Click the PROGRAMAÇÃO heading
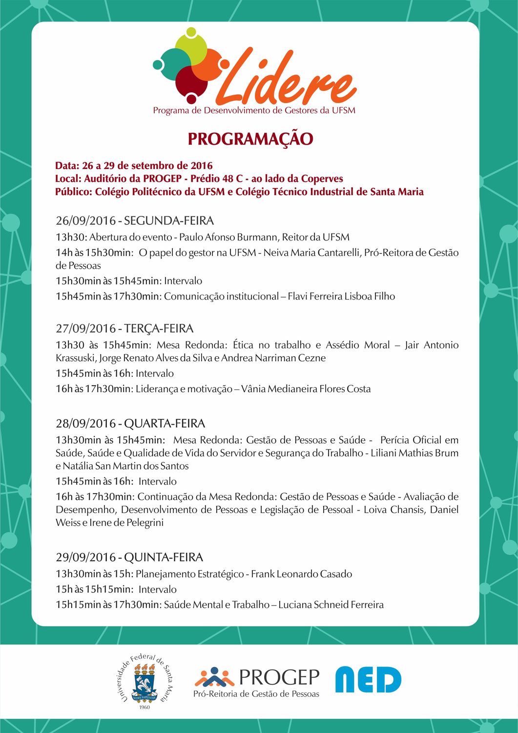(x=250, y=139)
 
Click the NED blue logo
(x=368, y=679)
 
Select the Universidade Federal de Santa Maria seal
(x=145, y=679)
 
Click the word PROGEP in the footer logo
(x=279, y=677)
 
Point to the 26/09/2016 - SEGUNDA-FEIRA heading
(x=135, y=220)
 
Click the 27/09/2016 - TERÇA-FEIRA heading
(x=124, y=328)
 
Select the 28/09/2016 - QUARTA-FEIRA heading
(x=130, y=423)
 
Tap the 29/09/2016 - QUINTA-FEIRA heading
(x=129, y=557)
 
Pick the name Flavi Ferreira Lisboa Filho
(x=341, y=296)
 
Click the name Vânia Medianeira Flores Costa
(x=306, y=389)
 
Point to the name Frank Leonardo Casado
(x=301, y=574)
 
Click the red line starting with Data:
(x=134, y=166)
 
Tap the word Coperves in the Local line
(x=322, y=179)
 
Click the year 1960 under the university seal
(x=145, y=707)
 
